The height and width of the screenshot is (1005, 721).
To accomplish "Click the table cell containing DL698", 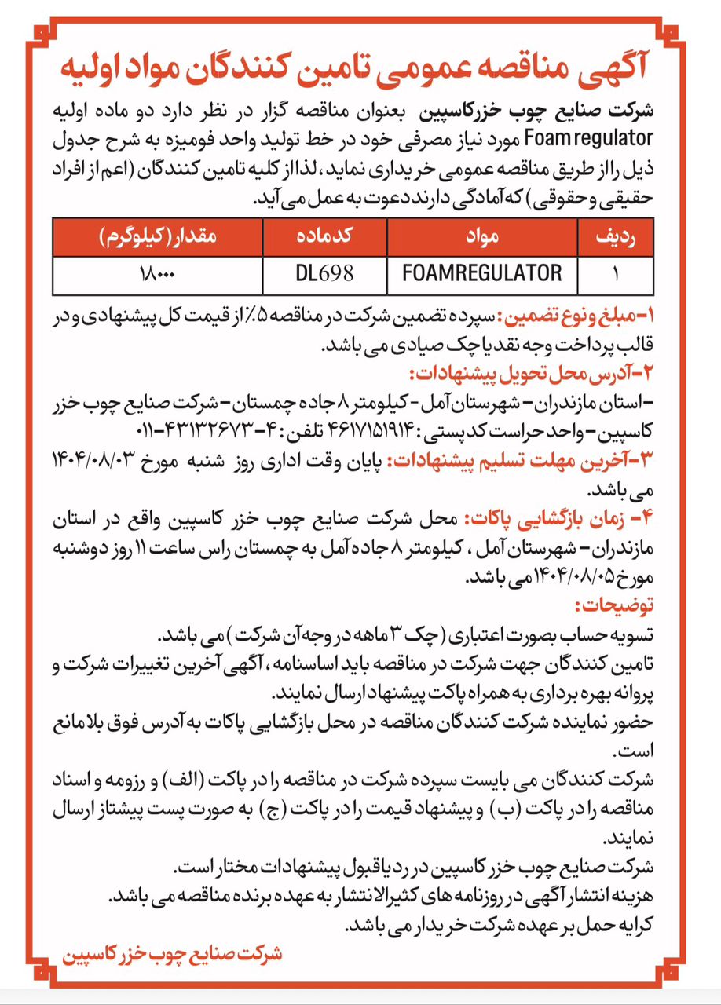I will pyautogui.click(x=325, y=274).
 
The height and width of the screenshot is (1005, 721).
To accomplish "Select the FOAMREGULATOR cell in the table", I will pyautogui.click(x=481, y=274).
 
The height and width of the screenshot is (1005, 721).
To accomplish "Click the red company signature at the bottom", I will pyautogui.click(x=171, y=954).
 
